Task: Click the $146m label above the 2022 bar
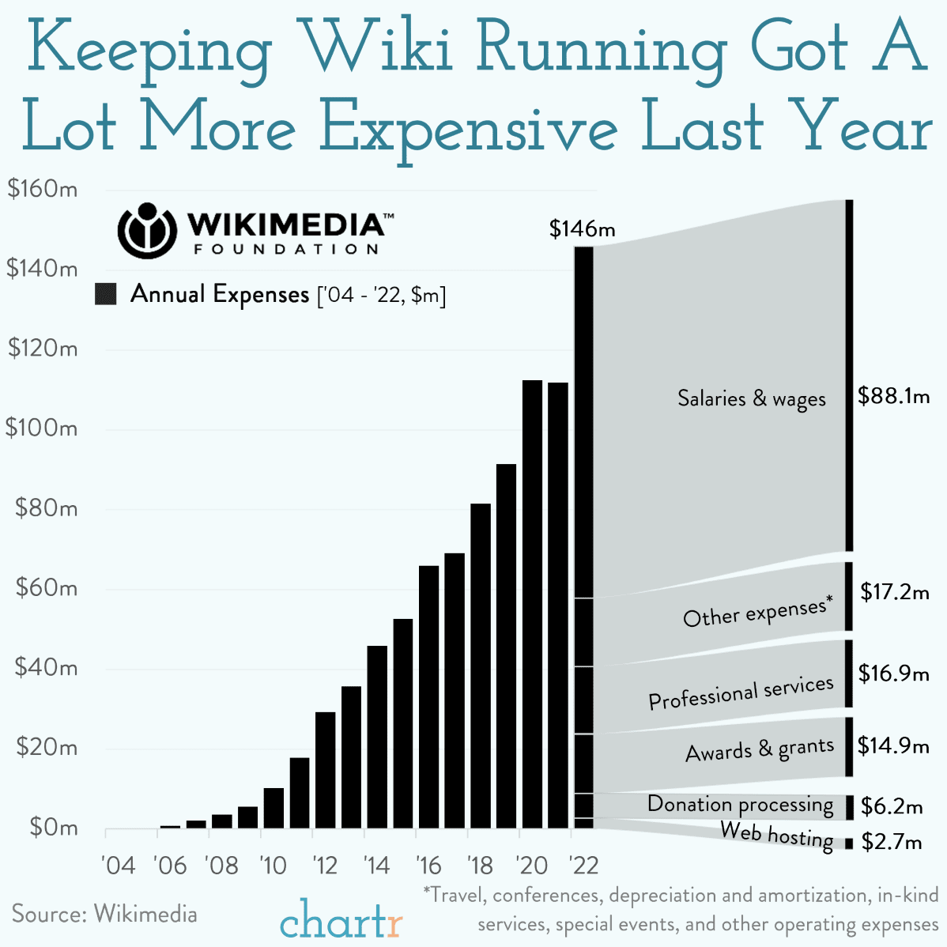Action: [582, 229]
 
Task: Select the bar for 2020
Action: [532, 604]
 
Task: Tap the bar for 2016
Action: [428, 696]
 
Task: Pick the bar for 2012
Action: [325, 770]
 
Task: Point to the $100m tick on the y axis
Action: [41, 428]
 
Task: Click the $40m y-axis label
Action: [46, 668]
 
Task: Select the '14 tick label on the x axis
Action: [376, 865]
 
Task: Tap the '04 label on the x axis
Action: [119, 865]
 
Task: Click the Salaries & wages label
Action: [751, 398]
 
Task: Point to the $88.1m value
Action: [893, 396]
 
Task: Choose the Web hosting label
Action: [777, 836]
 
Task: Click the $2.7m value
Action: [892, 842]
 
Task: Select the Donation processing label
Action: [740, 805]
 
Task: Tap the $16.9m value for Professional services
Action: [893, 674]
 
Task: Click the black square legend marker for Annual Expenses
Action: [105, 294]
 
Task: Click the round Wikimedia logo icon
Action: [145, 230]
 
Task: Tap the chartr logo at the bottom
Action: [341, 920]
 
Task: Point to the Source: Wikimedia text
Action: [104, 914]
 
